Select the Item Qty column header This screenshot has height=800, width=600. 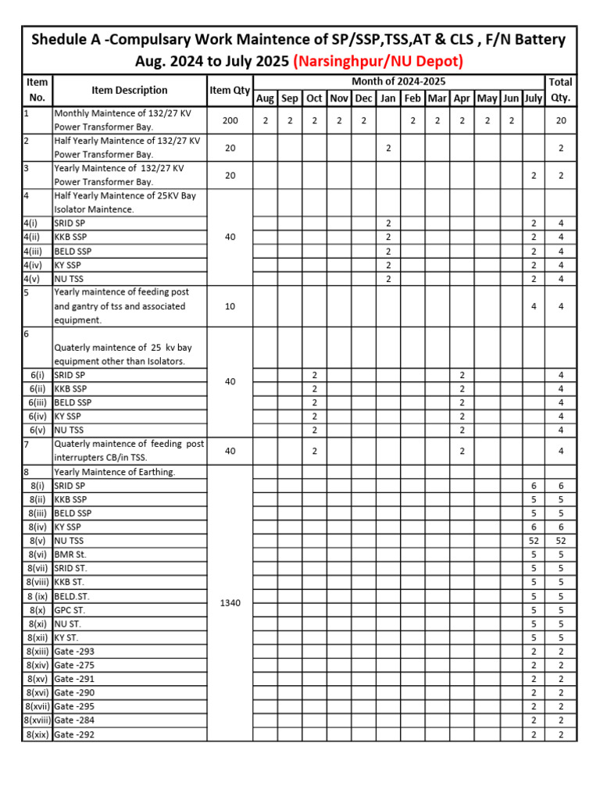click(230, 91)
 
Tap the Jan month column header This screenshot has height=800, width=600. click(387, 98)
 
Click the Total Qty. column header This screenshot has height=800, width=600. click(560, 90)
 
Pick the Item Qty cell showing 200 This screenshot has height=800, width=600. click(230, 120)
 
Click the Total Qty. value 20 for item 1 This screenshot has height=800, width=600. click(560, 120)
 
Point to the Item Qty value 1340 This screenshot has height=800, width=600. click(230, 602)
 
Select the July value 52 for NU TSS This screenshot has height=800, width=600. click(534, 541)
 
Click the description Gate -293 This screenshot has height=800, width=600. click(75, 652)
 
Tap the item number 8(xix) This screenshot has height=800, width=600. click(38, 734)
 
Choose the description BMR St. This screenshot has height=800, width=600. click(70, 555)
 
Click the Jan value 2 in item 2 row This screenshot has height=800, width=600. click(387, 148)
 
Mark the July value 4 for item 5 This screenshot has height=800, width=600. click(534, 306)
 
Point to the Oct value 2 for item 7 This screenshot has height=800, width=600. click(314, 451)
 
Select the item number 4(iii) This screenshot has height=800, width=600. click(35, 251)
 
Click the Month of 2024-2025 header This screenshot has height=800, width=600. click(398, 82)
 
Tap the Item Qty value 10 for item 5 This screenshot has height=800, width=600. click(230, 306)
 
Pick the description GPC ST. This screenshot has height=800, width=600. click(70, 610)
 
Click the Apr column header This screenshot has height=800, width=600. click(462, 98)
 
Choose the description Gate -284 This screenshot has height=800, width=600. click(75, 720)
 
